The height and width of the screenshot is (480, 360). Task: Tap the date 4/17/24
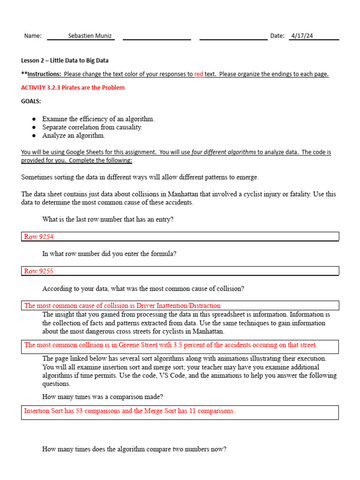(x=302, y=36)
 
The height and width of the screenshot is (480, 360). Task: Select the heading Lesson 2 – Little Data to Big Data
(x=65, y=60)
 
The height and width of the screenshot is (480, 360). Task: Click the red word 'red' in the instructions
(x=199, y=74)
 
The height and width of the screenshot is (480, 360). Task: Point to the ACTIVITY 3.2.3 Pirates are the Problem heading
(x=73, y=88)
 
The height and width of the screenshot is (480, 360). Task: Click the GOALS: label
(x=31, y=101)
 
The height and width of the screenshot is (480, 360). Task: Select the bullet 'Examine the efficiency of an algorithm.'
(x=98, y=119)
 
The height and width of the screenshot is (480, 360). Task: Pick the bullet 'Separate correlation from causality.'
(x=92, y=127)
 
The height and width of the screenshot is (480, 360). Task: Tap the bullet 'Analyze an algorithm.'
(x=74, y=135)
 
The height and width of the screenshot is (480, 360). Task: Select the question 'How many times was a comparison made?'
(x=103, y=397)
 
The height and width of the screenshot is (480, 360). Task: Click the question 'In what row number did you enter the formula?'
(x=109, y=254)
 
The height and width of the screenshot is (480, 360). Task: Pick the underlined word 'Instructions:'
(x=44, y=74)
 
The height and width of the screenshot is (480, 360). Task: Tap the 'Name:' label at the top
(x=33, y=36)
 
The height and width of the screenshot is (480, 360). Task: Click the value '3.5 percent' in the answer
(x=189, y=345)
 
